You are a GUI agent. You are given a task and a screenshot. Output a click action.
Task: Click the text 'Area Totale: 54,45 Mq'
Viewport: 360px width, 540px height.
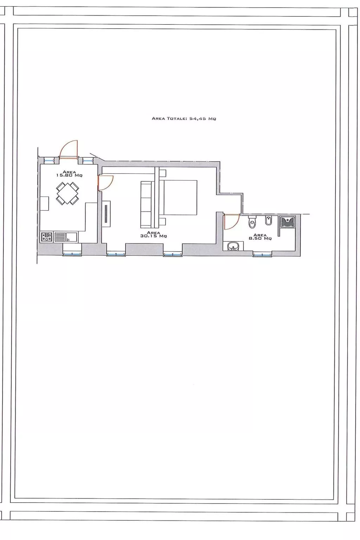[x=184, y=118]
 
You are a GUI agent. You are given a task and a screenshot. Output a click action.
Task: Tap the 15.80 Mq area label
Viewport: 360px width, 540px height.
[x=69, y=174]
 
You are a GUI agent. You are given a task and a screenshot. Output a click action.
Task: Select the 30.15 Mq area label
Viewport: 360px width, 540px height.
[x=153, y=234]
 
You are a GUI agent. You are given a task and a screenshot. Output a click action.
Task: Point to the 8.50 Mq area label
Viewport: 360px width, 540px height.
[x=260, y=237]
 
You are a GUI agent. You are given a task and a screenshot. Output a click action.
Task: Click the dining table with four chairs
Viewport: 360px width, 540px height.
[x=67, y=193]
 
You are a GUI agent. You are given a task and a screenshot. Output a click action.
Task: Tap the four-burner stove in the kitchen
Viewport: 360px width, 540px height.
[x=46, y=237]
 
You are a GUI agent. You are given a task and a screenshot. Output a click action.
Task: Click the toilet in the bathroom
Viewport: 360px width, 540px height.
[x=252, y=223]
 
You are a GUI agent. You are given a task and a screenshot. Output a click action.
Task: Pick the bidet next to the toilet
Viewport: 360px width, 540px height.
[x=268, y=221]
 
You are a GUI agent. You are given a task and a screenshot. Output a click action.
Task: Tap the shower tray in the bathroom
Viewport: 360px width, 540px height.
[x=288, y=222]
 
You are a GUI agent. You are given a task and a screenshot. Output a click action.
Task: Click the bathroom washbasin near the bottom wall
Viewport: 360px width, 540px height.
[x=233, y=246]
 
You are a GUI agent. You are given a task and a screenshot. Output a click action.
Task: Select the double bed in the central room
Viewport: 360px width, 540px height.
[x=179, y=197]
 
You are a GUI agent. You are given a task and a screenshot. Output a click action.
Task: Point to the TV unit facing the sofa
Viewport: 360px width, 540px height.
[x=107, y=213]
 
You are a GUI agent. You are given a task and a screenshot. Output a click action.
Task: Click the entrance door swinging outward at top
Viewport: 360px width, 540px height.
[x=68, y=150]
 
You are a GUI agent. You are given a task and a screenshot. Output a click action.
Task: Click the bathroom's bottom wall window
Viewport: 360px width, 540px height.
[x=262, y=254]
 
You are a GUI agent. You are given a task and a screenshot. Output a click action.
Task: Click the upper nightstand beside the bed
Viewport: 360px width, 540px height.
[x=162, y=173]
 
